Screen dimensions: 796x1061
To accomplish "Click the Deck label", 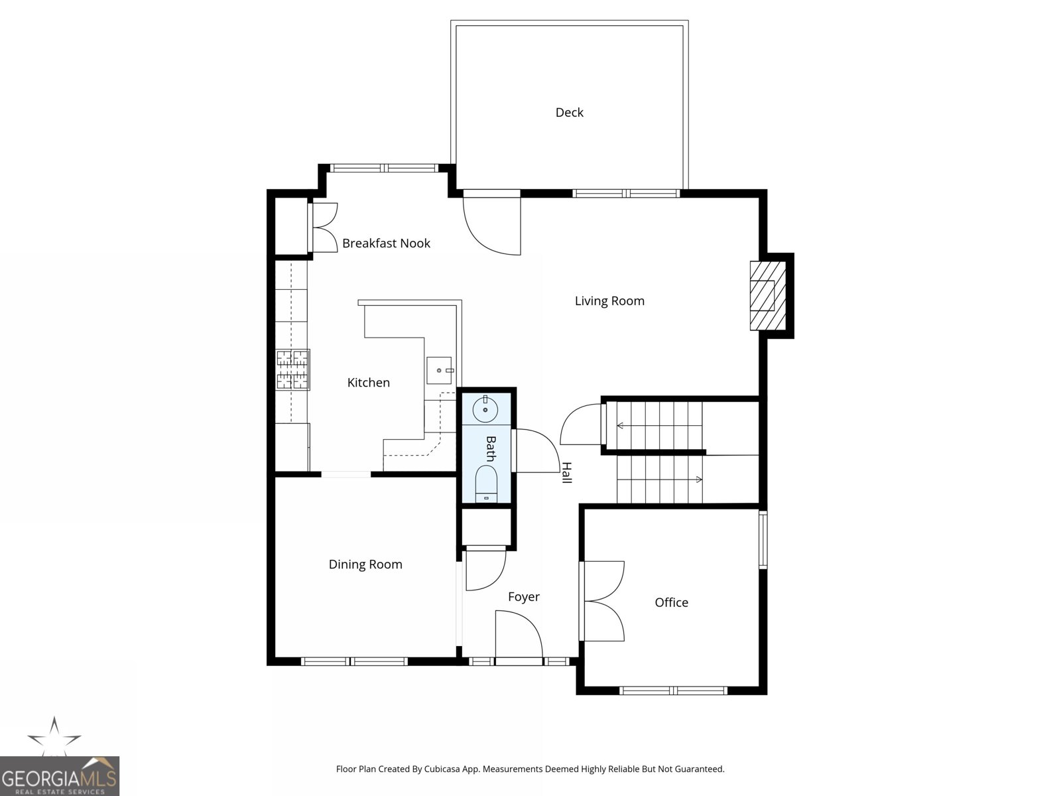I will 569,113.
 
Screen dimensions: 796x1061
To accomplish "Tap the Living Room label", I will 609,301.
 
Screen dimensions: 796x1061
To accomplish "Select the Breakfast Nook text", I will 386,243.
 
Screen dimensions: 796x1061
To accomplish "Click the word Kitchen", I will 368,383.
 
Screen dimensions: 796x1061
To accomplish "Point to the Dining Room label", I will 365,564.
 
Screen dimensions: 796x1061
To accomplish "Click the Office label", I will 671,602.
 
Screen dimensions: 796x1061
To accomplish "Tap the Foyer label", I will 523,597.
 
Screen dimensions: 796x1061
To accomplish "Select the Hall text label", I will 566,472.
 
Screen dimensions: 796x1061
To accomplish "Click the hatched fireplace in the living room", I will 767,296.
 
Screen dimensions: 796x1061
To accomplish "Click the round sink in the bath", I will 485,410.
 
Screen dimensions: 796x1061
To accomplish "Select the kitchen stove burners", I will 292,369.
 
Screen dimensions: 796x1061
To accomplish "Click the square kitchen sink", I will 439,370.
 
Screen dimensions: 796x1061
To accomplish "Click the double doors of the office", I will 602,601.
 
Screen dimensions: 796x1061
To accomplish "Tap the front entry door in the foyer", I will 519,637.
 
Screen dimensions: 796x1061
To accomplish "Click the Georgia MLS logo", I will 60,775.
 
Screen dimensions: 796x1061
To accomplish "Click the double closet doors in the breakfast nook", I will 324,228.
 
